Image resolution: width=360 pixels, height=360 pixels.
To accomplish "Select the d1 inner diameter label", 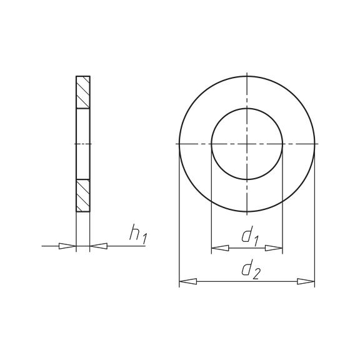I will point(250,236).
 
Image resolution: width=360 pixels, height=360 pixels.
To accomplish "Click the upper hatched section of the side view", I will point(83,92).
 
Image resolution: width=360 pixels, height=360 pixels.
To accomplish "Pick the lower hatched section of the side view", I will point(83,196).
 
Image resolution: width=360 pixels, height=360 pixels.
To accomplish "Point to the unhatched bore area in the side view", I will point(83,144).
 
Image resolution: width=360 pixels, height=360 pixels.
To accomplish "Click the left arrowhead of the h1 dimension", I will point(67,246).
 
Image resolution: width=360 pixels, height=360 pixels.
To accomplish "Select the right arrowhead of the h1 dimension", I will point(98,246).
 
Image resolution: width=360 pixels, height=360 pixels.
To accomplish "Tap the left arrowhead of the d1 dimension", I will point(219,248).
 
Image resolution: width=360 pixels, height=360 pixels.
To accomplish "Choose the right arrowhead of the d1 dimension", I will point(275,248).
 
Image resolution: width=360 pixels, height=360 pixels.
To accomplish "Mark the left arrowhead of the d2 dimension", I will point(187,282).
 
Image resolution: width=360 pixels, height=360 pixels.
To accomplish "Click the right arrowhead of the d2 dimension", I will point(306,282).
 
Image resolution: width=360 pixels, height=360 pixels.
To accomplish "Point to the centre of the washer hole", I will point(247,144).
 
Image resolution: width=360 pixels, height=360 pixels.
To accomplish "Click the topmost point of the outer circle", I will point(247,76).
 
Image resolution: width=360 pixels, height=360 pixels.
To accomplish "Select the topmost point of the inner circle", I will point(247,108).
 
